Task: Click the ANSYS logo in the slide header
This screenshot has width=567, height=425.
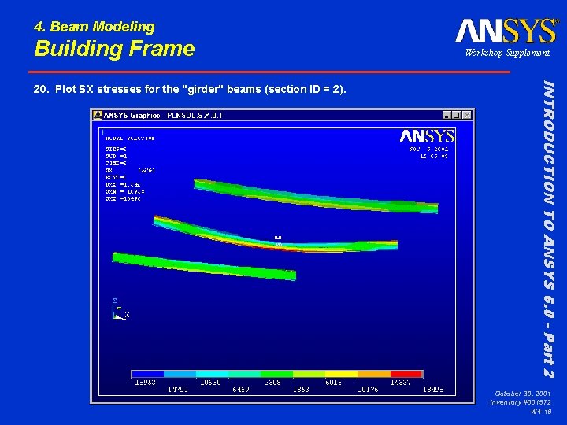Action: (x=506, y=31)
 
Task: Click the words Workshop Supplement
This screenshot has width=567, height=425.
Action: (x=507, y=53)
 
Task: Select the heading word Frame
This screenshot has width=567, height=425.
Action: (x=159, y=49)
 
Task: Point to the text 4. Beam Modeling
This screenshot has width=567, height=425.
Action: (x=94, y=27)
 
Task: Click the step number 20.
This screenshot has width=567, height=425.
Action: (x=41, y=89)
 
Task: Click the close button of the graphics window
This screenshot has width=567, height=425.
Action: (x=468, y=115)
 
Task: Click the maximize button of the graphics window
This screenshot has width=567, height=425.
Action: (x=458, y=115)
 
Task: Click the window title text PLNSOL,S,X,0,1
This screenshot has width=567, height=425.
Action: (x=194, y=116)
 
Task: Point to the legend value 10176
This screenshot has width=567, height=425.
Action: (x=369, y=389)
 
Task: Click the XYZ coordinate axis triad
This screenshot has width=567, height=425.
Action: (x=118, y=309)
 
